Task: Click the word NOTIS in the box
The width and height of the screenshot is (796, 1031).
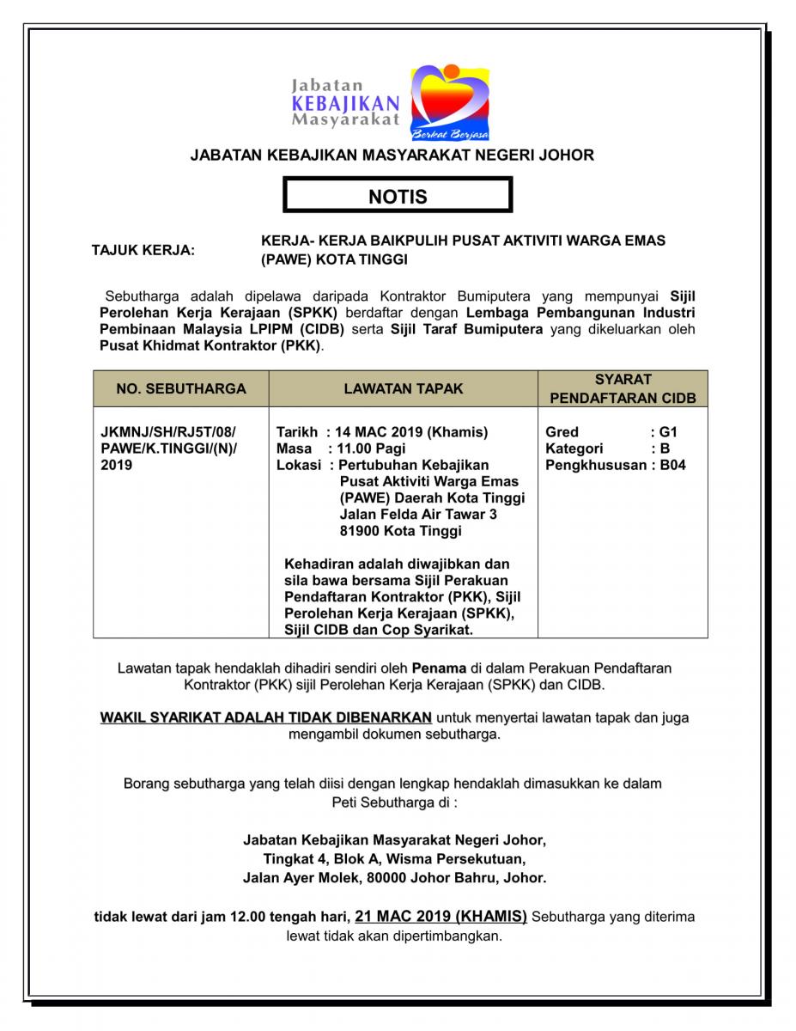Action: pos(398,197)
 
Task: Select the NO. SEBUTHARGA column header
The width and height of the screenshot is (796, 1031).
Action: pos(181,389)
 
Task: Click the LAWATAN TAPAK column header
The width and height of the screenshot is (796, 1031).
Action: pos(403,389)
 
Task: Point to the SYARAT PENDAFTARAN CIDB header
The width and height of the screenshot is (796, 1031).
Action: pos(623,389)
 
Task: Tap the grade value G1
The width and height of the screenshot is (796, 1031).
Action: pos(668,432)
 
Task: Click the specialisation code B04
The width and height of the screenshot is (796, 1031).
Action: pos(672,465)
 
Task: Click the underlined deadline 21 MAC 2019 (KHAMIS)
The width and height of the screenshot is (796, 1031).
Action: pos(441,917)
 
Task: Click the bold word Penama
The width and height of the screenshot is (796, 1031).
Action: pos(439,667)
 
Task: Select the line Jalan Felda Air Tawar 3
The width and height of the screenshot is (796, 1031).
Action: pos(418,515)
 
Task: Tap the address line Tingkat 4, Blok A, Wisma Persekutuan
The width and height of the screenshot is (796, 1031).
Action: pos(394,858)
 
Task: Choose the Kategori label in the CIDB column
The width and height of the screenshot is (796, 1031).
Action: pos(574,448)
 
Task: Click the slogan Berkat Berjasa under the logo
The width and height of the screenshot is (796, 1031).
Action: pos(450,134)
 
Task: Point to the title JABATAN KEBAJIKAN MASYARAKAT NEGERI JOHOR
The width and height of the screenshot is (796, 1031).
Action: pos(392,156)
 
